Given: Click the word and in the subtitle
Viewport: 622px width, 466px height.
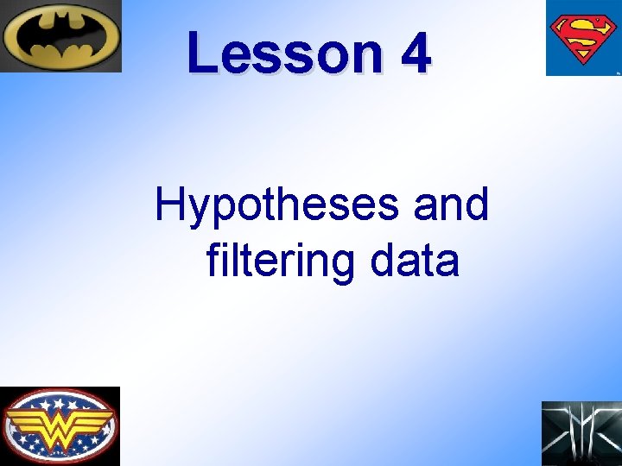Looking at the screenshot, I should [x=451, y=205].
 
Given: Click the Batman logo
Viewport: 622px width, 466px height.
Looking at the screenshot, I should [x=60, y=36].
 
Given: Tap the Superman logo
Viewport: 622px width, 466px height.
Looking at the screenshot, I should [x=583, y=38].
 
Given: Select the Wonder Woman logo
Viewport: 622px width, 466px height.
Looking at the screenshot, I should [x=60, y=426].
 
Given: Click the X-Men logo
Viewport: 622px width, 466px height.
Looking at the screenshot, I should [x=581, y=433].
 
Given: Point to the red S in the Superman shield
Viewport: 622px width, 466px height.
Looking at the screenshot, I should [x=583, y=38].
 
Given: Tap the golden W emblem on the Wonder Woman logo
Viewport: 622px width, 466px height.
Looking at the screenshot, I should [x=60, y=425].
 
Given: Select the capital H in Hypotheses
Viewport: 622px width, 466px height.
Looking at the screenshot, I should [x=170, y=205].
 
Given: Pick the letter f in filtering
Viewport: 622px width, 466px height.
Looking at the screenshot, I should [x=213, y=259].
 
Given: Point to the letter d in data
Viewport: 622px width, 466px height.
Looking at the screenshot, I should [x=382, y=260].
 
